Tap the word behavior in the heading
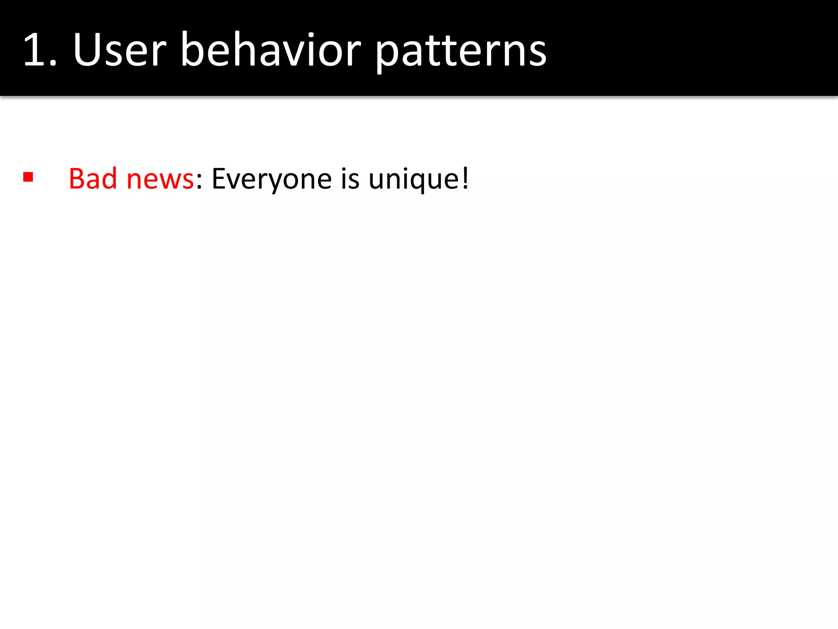[270, 50]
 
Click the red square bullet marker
[28, 177]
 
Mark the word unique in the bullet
[413, 180]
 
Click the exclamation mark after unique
[465, 179]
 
